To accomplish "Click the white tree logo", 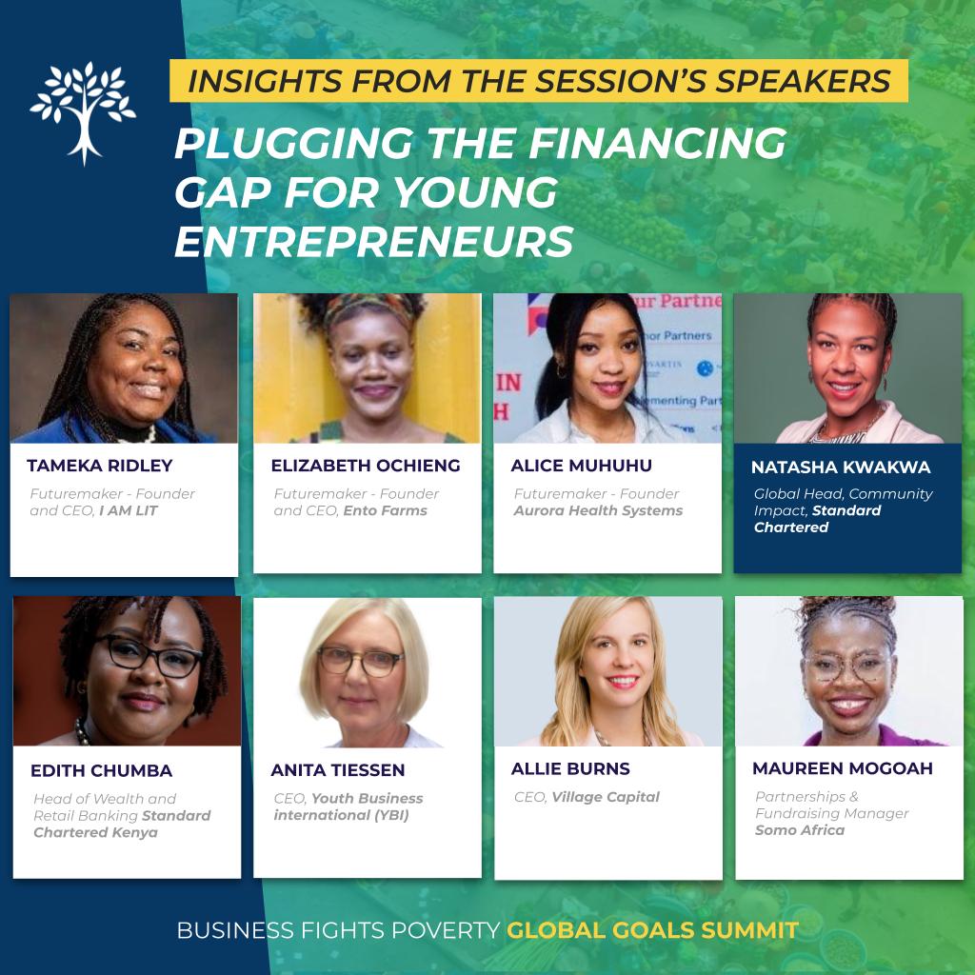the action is (83, 112).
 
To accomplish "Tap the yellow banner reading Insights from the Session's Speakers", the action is (539, 81).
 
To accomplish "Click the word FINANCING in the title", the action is (657, 143).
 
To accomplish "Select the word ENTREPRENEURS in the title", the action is (373, 241).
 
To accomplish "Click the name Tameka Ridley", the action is (99, 465).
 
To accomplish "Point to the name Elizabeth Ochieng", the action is (366, 465).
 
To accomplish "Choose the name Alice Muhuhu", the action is (582, 465).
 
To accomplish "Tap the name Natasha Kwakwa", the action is (841, 467).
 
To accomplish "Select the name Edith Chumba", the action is (101, 770).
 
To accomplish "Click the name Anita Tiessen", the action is (338, 769).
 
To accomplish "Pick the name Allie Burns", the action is (570, 768).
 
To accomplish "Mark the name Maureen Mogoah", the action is (843, 768).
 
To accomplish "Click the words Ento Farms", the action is (385, 510).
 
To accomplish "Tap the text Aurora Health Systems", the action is (598, 510).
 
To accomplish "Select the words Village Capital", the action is (606, 797).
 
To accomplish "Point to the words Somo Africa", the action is (800, 830).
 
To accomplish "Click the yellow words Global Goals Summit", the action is (652, 930).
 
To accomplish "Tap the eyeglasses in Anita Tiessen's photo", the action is (361, 661).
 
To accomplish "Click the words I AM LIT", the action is (129, 510).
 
